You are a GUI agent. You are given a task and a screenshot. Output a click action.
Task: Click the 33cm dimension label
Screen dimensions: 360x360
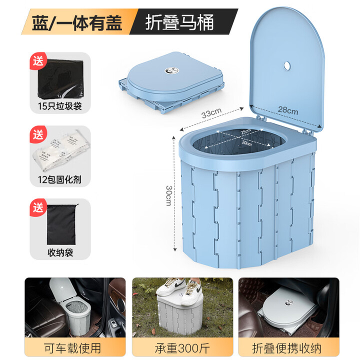[x=211, y=113]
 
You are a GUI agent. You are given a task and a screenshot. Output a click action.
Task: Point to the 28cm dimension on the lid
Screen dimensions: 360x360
[x=288, y=110]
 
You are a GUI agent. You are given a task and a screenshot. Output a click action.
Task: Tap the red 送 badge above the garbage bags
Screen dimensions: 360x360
[x=38, y=61]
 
